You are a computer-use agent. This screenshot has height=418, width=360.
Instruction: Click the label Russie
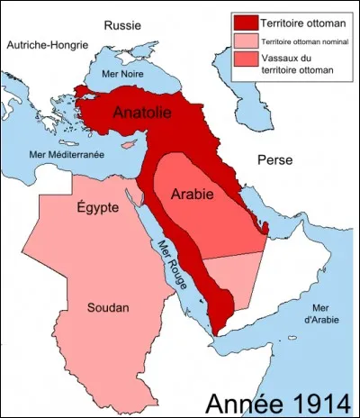click(121, 24)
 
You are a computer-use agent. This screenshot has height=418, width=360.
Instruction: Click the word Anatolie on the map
click(144, 114)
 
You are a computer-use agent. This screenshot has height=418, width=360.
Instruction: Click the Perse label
click(275, 159)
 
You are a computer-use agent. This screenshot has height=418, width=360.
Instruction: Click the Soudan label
click(109, 308)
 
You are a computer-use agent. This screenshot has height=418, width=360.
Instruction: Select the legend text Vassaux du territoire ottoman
click(301, 66)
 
